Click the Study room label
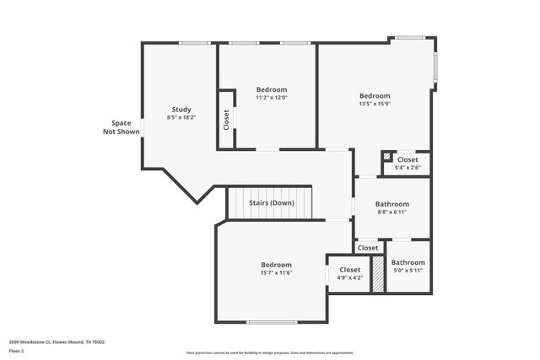point(181,109)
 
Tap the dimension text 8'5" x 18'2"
point(181,118)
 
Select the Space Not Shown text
point(121,127)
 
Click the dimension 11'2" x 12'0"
point(272,98)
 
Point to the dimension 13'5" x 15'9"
point(375,105)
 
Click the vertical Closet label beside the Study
point(226,120)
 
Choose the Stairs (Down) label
point(271,203)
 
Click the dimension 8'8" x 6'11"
point(392,212)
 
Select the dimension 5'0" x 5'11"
point(408,271)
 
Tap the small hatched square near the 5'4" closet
point(386,156)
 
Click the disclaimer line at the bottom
point(269,352)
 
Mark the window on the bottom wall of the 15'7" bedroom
point(272,321)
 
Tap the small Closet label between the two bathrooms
point(368,248)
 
